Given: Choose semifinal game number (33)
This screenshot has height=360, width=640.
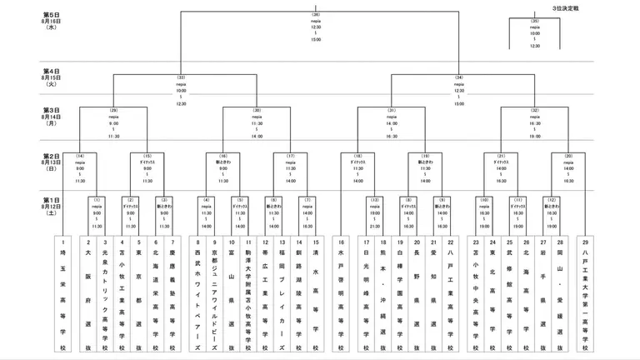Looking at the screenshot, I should [181, 77].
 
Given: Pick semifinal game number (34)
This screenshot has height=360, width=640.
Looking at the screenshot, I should [459, 77].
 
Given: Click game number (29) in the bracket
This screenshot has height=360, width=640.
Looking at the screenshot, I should [113, 111].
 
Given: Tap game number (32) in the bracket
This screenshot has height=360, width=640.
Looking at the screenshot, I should [534, 111].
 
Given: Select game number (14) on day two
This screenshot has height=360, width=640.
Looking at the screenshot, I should [80, 157].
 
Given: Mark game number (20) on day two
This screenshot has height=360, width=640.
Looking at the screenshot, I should [568, 157].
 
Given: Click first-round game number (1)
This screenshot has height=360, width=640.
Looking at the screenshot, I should [97, 201].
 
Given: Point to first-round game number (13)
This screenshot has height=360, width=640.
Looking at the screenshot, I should [375, 201].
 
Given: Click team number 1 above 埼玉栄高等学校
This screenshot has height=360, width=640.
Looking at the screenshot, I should [62, 242].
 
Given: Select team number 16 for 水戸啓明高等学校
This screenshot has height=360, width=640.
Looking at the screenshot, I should [342, 242].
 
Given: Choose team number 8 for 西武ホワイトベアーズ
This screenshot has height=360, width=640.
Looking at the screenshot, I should [198, 242].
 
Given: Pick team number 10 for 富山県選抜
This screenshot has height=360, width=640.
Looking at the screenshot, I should [231, 242].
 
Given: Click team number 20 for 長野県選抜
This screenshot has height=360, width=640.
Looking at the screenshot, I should [417, 242].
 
